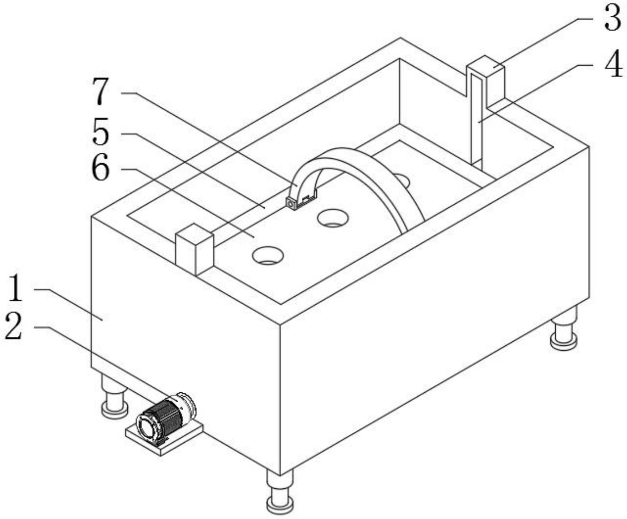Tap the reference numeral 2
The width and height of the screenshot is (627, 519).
14,327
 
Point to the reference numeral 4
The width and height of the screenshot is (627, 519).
612,64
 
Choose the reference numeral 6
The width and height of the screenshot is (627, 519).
101,169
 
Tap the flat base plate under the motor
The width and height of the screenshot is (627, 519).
164,439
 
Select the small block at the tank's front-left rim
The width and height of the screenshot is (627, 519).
195,249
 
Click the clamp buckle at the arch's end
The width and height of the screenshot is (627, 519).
301,202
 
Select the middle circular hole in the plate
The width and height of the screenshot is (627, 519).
333,218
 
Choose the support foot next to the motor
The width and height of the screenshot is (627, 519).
114,396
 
